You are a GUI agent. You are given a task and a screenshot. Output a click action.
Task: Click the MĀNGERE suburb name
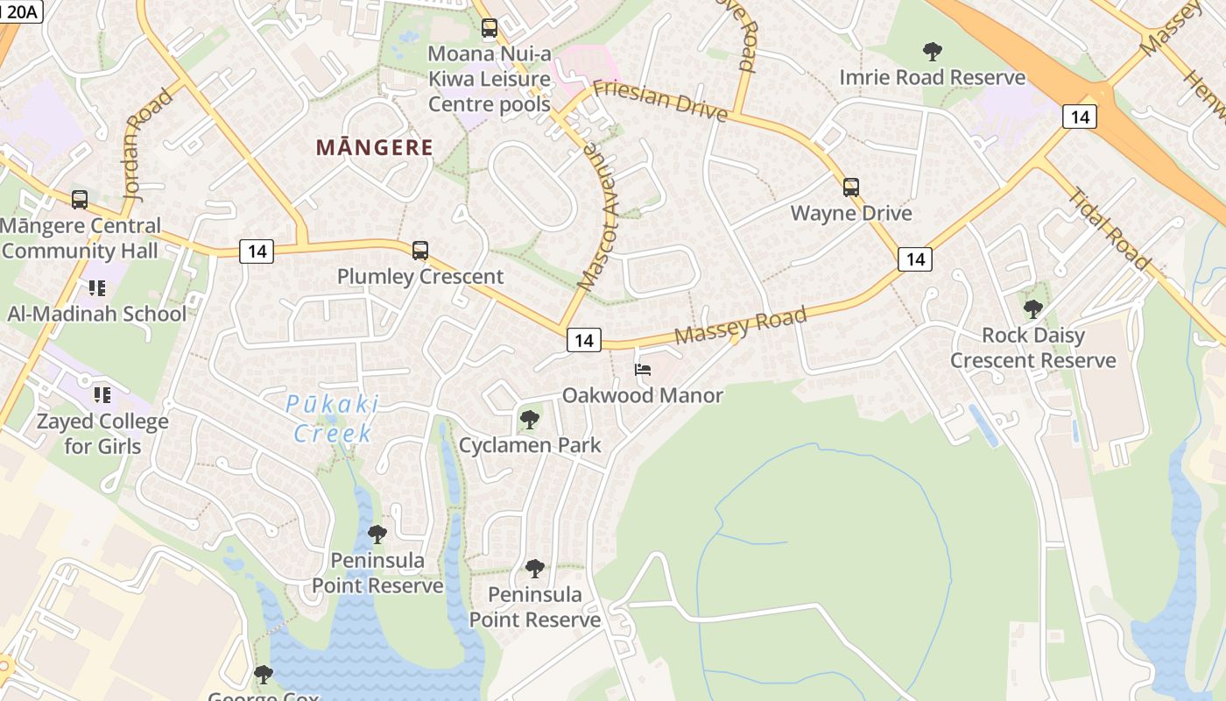point(375,147)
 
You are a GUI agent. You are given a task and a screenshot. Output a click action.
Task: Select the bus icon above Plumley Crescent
point(420,251)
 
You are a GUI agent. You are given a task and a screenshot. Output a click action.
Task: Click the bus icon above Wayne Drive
point(850,188)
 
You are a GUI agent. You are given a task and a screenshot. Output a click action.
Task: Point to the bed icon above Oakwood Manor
point(643,369)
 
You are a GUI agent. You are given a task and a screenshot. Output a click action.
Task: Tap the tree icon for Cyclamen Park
point(529,420)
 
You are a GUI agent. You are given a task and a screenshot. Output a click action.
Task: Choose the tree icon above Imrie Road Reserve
point(933,52)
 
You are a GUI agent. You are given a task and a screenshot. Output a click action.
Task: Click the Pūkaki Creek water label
point(333,418)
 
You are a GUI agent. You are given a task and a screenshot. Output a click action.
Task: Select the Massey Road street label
point(740,325)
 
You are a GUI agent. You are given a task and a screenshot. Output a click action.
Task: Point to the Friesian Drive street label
point(659,100)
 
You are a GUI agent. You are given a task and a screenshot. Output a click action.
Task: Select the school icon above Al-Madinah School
point(96,287)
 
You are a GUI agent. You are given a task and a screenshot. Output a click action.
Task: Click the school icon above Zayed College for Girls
point(102,395)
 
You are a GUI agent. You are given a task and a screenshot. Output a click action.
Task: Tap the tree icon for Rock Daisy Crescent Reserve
point(1033,308)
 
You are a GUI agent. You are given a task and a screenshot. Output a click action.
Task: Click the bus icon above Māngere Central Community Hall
point(80,200)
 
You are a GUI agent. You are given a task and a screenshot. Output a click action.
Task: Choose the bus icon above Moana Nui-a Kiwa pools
point(490,28)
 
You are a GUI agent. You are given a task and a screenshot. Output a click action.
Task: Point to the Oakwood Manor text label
point(643,395)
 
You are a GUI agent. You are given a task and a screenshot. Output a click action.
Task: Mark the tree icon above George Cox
point(263,674)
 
